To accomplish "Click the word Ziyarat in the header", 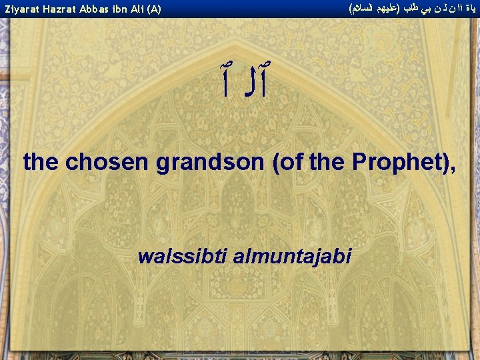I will (20, 9).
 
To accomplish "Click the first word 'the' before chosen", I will (41, 162).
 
